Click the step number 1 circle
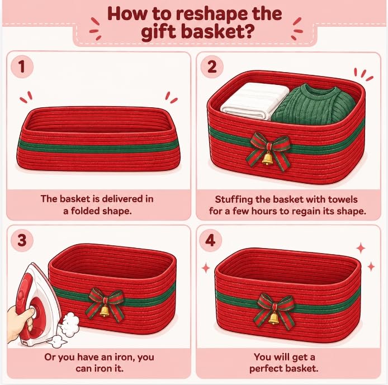click(x=22, y=66)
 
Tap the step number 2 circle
click(x=212, y=66)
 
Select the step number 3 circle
click(x=22, y=240)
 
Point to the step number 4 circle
click(x=210, y=240)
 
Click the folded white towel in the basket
click(x=255, y=101)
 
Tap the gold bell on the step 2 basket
click(x=267, y=158)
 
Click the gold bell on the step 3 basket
click(x=105, y=311)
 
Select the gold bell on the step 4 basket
click(x=273, y=318)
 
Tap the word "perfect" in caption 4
click(x=266, y=369)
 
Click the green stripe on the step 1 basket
click(x=98, y=147)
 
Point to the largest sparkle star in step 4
click(x=361, y=248)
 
